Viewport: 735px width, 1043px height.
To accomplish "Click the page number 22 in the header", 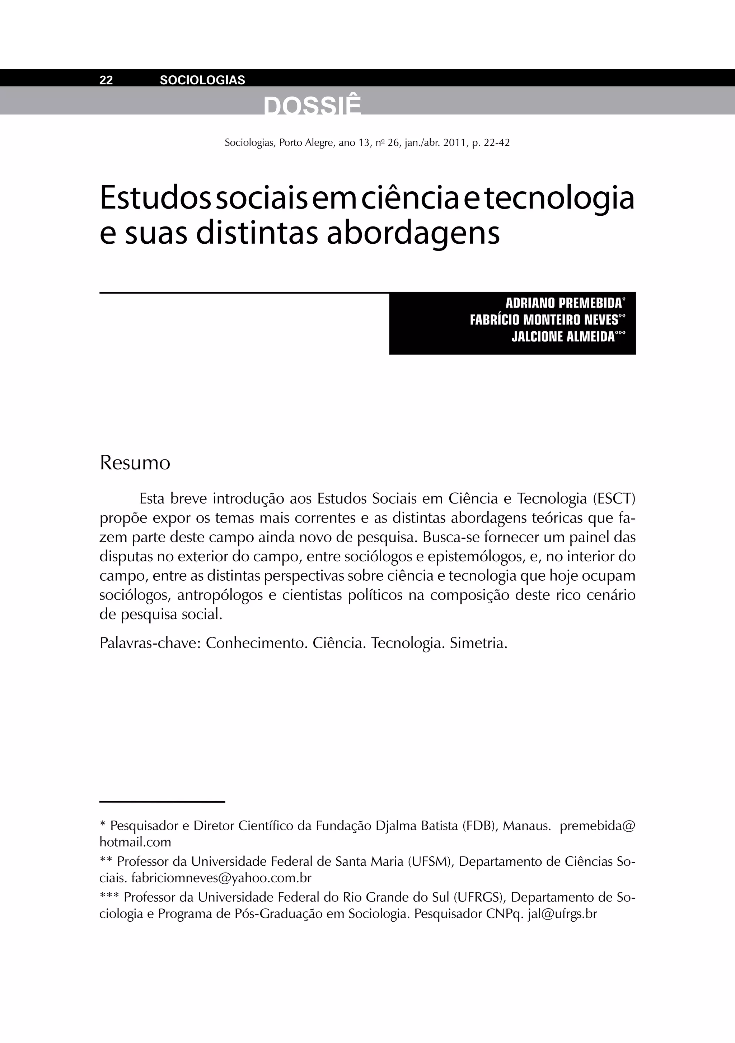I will [106, 80].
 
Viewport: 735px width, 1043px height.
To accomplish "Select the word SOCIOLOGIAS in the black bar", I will [202, 80].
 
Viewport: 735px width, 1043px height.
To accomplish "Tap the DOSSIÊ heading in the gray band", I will [312, 107].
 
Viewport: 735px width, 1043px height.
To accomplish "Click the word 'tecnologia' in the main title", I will [559, 199].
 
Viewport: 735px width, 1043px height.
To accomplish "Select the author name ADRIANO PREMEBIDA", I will [563, 303].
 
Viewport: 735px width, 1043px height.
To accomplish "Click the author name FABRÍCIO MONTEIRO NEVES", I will [544, 320].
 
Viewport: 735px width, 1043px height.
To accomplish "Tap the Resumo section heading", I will [135, 463].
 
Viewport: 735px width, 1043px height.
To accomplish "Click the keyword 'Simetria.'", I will [478, 643].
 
